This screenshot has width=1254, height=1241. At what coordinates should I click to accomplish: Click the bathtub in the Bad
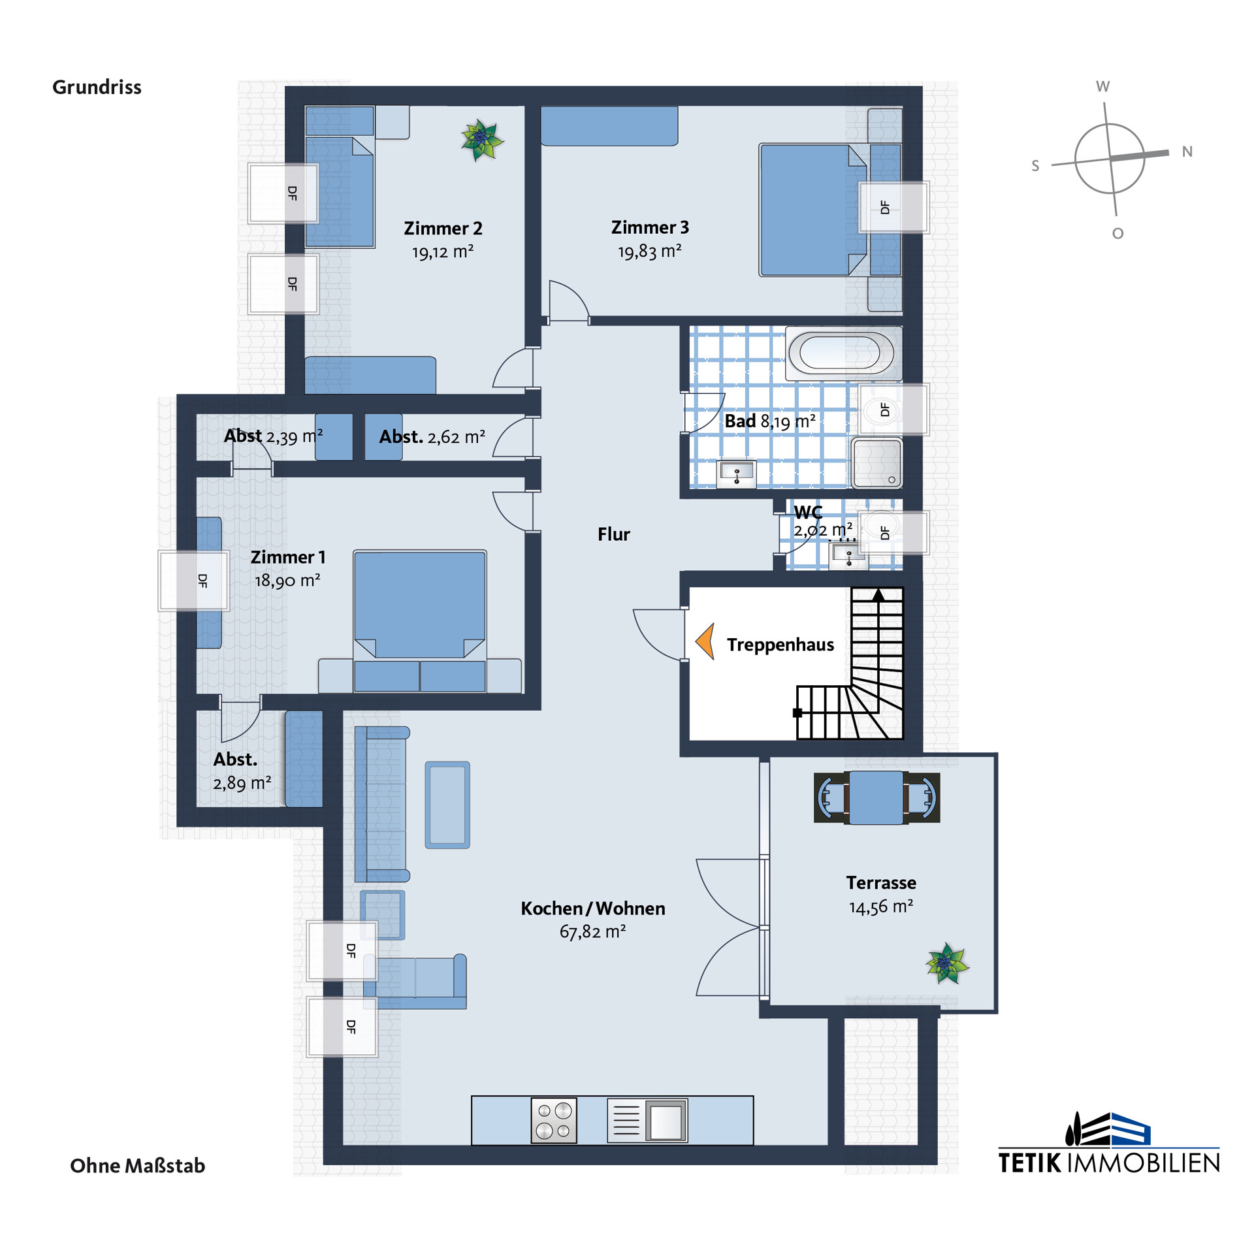click(843, 353)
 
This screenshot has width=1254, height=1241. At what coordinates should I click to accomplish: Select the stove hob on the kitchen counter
click(554, 1120)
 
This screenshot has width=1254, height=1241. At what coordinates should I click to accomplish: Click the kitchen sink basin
click(666, 1121)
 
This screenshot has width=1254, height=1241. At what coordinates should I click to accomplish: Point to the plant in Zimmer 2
click(482, 140)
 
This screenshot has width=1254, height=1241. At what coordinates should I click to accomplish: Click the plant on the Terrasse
click(947, 963)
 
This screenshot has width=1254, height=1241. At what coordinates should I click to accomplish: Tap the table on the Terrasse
click(876, 798)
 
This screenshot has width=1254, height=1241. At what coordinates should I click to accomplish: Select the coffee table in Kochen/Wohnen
click(447, 805)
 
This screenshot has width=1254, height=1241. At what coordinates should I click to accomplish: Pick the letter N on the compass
click(1187, 152)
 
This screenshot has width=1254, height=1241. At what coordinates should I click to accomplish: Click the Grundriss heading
click(97, 87)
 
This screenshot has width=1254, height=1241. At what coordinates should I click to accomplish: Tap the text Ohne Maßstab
click(137, 1165)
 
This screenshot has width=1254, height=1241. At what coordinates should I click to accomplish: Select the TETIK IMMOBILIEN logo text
click(1109, 1163)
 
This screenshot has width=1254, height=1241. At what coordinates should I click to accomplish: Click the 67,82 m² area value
click(592, 931)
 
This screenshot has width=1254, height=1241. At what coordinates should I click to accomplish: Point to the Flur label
click(613, 534)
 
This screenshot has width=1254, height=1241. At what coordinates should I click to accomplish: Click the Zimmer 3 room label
click(650, 227)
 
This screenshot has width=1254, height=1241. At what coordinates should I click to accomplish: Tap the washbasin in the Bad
click(737, 474)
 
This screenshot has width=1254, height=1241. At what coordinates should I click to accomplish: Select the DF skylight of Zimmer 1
click(193, 581)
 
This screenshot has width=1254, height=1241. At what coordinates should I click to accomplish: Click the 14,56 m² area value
click(881, 906)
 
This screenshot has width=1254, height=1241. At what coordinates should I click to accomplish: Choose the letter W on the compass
click(1102, 86)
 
